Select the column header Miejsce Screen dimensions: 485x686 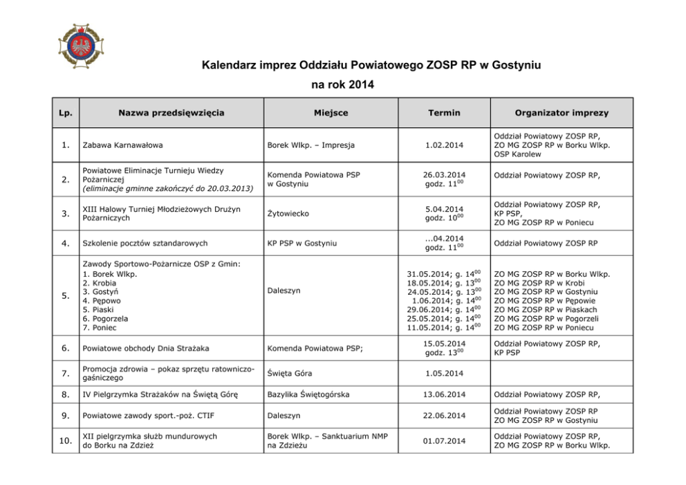(x=330, y=113)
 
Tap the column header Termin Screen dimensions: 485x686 (x=444, y=113)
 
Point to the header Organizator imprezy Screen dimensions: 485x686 (x=562, y=113)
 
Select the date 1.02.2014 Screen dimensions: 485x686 (x=444, y=145)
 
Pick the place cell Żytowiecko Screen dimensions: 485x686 (x=288, y=214)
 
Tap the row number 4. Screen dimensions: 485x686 (x=65, y=244)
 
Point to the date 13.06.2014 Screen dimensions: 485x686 (x=444, y=395)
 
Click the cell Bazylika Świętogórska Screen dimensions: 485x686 (x=308, y=395)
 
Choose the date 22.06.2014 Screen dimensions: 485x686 (x=444, y=416)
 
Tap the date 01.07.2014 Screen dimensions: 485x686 (x=444, y=441)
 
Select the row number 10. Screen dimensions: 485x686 (x=65, y=441)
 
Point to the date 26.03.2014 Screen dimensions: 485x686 (x=444, y=175)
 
